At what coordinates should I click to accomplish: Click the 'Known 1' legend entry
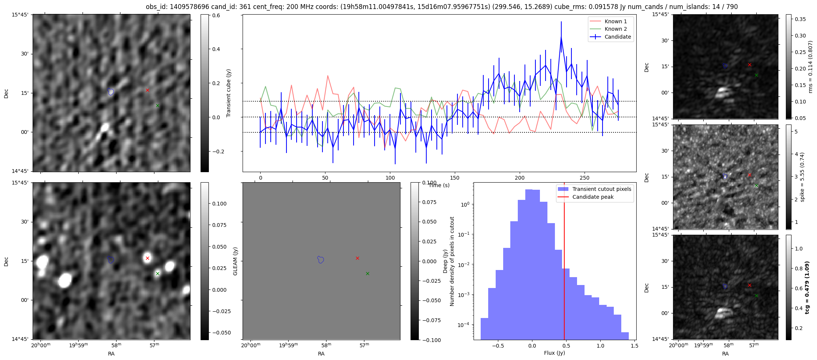click(616, 21)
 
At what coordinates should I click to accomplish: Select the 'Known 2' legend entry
click(616, 29)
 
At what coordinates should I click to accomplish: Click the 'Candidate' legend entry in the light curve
click(618, 37)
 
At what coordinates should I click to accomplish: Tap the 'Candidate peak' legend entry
click(593, 197)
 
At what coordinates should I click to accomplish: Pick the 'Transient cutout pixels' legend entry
click(601, 189)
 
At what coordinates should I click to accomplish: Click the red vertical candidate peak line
click(564, 262)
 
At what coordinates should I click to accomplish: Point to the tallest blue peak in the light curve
click(561, 36)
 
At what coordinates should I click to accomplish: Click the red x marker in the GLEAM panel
click(357, 258)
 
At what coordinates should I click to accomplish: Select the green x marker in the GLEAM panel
click(367, 273)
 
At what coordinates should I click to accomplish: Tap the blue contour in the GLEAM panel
click(320, 259)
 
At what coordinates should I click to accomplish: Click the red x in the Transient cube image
click(147, 90)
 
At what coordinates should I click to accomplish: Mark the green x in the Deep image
click(157, 273)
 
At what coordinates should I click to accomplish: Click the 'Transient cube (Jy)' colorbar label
click(228, 93)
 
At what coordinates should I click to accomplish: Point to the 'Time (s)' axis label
click(439, 185)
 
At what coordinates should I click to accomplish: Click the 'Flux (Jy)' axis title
click(554, 353)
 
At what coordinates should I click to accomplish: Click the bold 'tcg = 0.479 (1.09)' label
click(807, 287)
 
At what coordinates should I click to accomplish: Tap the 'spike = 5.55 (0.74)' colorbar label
click(802, 177)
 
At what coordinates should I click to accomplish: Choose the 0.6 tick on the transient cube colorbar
click(216, 15)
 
